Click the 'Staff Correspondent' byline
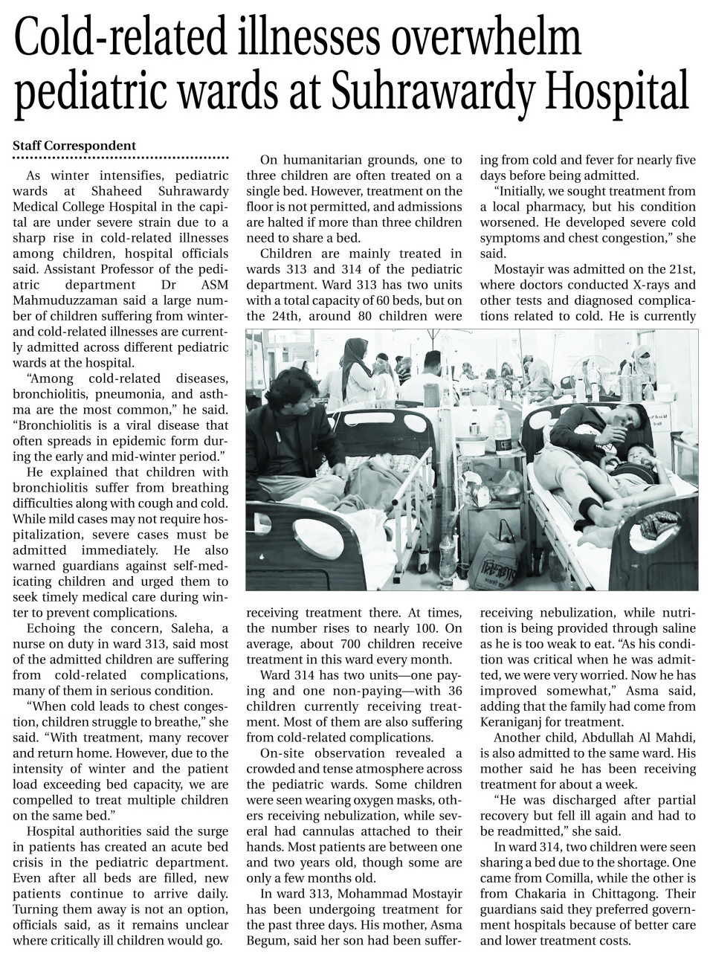[74, 146]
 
